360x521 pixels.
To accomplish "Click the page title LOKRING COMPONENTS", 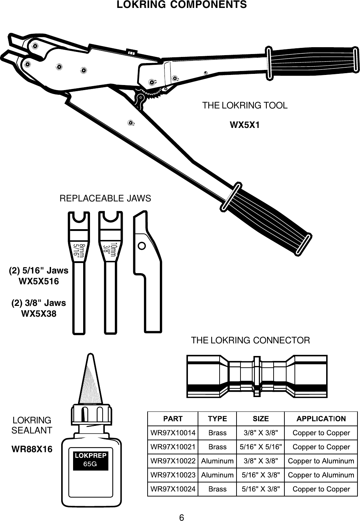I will click(x=182, y=5).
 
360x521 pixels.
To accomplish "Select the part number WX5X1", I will click(x=245, y=125).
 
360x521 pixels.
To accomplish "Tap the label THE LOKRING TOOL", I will click(x=245, y=106).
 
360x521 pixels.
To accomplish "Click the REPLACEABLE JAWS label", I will click(x=105, y=198).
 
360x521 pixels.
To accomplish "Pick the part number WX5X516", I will click(x=39, y=281).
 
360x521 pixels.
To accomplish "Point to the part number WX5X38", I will click(x=39, y=314).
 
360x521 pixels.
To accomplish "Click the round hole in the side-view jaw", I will click(x=142, y=245).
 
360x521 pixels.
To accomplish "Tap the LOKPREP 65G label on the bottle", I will click(x=90, y=459).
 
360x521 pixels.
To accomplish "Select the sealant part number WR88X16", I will click(x=32, y=450).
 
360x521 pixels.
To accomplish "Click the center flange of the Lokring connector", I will click(x=257, y=376).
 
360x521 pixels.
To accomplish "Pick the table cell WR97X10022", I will click(x=173, y=461).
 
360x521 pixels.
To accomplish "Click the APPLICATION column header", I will click(x=321, y=419).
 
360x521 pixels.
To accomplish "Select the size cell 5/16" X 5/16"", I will click(x=260, y=447).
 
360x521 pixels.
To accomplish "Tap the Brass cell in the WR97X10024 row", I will click(x=217, y=489).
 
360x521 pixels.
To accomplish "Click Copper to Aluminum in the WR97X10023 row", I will click(x=321, y=475).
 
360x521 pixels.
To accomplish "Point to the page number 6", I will click(x=182, y=518).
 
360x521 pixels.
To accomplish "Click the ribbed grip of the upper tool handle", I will click(x=313, y=61).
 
